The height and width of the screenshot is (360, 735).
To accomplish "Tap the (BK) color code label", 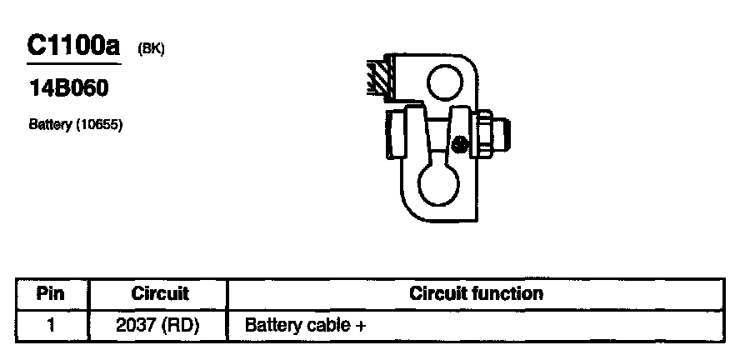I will (x=152, y=49).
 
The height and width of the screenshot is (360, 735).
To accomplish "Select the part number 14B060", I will (x=68, y=89).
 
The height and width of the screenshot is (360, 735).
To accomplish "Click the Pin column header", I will (x=51, y=293).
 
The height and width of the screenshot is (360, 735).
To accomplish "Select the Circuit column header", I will (x=160, y=293).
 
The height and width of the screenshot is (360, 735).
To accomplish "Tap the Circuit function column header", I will (x=476, y=293).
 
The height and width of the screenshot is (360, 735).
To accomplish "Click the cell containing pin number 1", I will (x=51, y=324).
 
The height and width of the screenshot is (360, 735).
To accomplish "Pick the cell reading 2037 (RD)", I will (x=160, y=324).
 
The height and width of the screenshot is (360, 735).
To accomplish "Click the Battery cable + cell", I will (x=305, y=324).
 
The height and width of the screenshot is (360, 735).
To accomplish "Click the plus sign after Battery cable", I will (x=361, y=324).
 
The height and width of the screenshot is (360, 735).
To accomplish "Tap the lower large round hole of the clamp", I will (x=439, y=185).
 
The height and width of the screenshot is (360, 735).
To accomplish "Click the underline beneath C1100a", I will (x=74, y=62).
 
